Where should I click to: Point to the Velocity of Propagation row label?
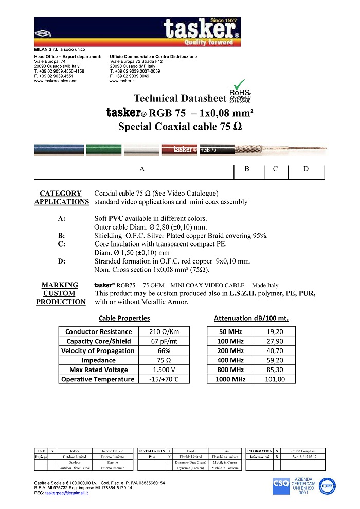(98, 350)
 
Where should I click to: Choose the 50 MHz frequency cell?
(230, 331)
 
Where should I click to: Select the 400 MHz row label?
(230, 360)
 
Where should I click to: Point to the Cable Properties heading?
(124, 318)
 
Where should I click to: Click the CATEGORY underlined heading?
(60, 193)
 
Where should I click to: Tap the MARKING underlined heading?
(60, 285)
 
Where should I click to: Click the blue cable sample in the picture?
(52, 149)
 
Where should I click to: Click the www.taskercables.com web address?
(56, 81)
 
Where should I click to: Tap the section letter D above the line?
(306, 169)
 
